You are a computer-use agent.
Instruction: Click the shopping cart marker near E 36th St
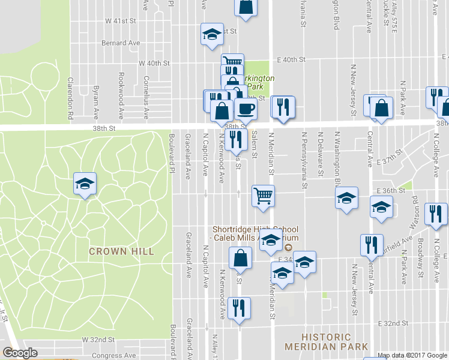tap(264, 196)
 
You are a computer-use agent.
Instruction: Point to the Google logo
tap(20, 353)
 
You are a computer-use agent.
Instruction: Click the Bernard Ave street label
tap(121, 43)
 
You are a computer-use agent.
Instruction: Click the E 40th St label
tap(292, 60)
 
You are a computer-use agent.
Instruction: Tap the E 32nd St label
tap(393, 323)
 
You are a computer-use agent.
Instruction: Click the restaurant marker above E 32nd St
tap(240, 308)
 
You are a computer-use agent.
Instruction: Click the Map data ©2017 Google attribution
tap(412, 355)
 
